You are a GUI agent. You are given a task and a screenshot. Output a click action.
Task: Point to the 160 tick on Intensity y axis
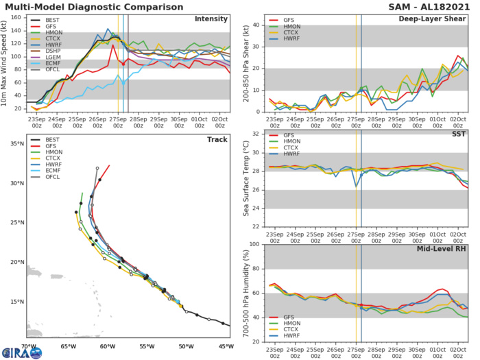point(17,16)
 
